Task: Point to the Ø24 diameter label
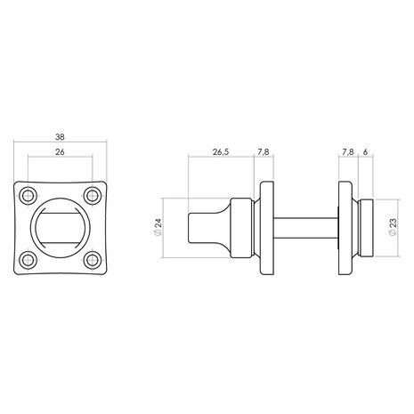point(158,228)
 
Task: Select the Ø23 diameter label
point(393,228)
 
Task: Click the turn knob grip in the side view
point(206,228)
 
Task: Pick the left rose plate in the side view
point(265,228)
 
